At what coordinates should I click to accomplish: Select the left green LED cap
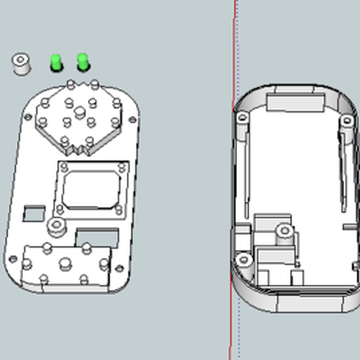(x=56, y=63)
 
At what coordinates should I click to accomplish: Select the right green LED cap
(x=83, y=61)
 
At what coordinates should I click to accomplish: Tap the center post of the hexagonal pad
(x=80, y=112)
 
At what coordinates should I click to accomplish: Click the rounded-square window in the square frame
(x=90, y=188)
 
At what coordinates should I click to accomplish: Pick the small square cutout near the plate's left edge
(x=32, y=211)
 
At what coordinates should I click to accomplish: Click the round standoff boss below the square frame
(x=56, y=226)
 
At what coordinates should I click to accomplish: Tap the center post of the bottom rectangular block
(x=65, y=264)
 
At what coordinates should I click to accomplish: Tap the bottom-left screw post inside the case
(x=243, y=260)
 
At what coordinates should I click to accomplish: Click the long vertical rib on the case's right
(x=343, y=167)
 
